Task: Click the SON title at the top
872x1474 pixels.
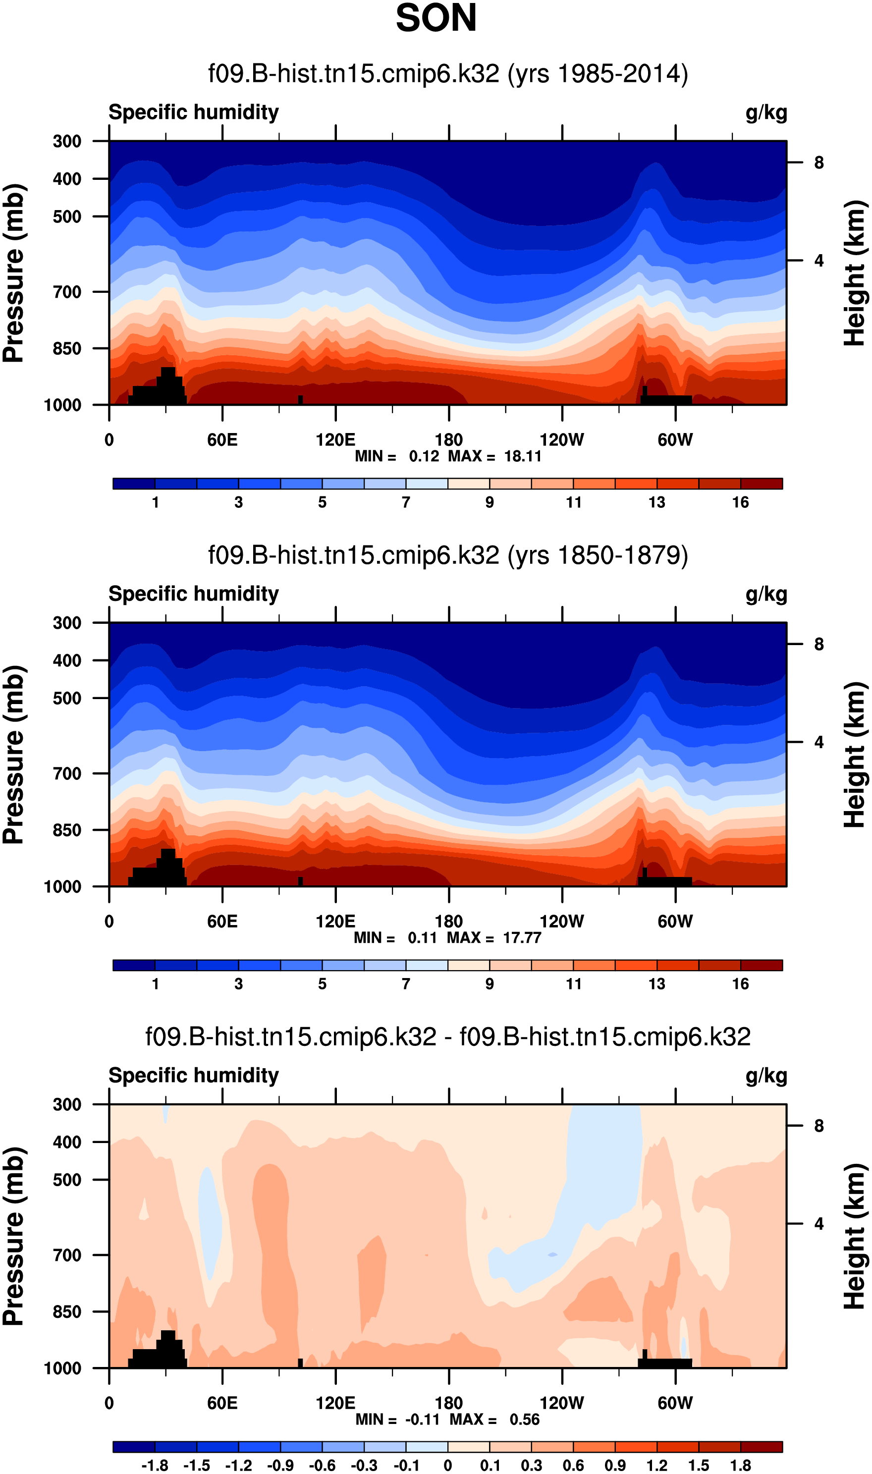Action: [436, 18]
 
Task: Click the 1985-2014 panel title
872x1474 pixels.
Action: [448, 74]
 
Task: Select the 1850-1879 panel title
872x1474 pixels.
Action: [448, 555]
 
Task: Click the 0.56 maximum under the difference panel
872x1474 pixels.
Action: [524, 1419]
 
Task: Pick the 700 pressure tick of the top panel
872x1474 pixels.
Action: [67, 292]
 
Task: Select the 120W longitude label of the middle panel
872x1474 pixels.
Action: [562, 921]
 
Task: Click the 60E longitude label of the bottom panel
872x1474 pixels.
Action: [222, 1403]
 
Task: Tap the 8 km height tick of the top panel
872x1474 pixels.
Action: [818, 163]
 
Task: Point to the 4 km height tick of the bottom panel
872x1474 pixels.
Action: [818, 1224]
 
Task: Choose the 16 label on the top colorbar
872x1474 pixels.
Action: [740, 502]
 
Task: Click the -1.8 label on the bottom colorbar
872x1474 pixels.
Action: [155, 1465]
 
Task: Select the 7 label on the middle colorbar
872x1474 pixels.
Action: [405, 984]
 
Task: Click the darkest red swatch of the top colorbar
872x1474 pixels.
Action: [761, 484]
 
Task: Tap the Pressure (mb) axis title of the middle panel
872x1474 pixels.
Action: [14, 755]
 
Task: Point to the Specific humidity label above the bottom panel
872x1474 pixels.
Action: [193, 1075]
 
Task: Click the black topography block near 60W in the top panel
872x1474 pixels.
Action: [666, 400]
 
